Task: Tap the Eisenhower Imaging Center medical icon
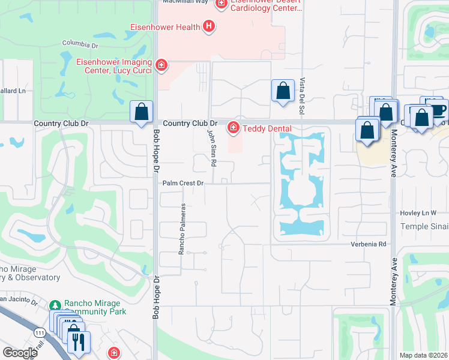pyautogui.click(x=161, y=65)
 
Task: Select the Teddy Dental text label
pyautogui.click(x=267, y=128)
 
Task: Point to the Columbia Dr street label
pyautogui.click(x=80, y=44)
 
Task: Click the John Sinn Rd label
pyautogui.click(x=211, y=147)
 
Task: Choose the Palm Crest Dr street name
pyautogui.click(x=182, y=183)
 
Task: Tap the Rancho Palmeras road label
pyautogui.click(x=181, y=228)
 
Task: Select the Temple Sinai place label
pyautogui.click(x=424, y=226)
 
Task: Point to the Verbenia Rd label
pyautogui.click(x=369, y=244)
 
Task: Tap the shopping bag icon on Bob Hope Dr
pyautogui.click(x=141, y=112)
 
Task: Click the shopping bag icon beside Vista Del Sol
pyautogui.click(x=282, y=91)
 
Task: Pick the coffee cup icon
pyautogui.click(x=438, y=109)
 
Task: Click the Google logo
pyautogui.click(x=19, y=353)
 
